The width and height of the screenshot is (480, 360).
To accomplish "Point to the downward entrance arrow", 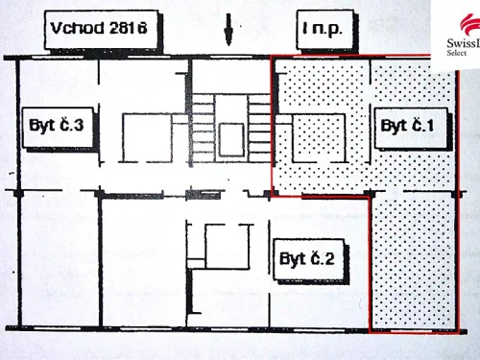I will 228,31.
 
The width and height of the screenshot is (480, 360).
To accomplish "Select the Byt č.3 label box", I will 57,126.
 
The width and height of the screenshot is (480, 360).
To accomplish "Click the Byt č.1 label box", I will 412,126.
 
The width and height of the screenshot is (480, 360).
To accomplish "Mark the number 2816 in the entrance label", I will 132,30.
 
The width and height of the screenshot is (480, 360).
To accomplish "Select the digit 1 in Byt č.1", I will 438,126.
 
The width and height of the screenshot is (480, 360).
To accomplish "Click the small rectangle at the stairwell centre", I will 230,139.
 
